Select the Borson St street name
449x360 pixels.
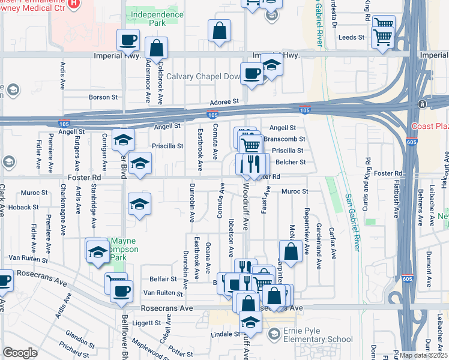pyautogui.click(x=103, y=97)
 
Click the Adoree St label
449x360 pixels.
pyautogui.click(x=224, y=102)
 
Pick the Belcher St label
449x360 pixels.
pyautogui.click(x=291, y=162)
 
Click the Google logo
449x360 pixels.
pyautogui.click(x=20, y=353)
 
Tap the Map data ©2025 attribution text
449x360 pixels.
pyautogui.click(x=424, y=355)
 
